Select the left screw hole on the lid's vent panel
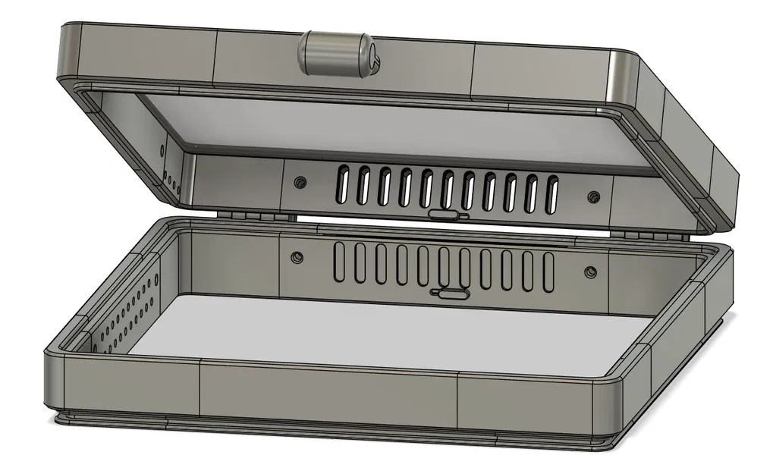(x=301, y=182)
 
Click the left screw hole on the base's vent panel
(x=296, y=258)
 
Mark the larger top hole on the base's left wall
(x=157, y=279)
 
